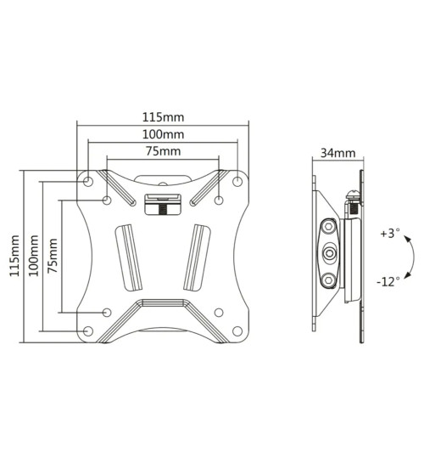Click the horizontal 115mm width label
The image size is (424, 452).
(x=162, y=117)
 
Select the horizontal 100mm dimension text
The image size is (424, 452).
(x=162, y=134)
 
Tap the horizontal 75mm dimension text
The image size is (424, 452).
(x=162, y=152)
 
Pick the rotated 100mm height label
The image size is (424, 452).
(x=33, y=255)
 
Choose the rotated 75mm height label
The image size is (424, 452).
(x=53, y=255)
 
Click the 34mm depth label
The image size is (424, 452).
(x=338, y=154)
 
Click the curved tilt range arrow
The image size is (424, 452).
(x=410, y=257)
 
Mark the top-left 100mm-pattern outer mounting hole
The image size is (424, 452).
(x=88, y=180)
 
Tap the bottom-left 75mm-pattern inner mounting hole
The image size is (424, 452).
(x=107, y=311)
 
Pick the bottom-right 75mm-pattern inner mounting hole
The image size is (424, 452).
(x=219, y=311)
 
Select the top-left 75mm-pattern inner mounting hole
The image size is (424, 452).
(x=107, y=201)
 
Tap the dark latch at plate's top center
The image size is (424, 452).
(x=162, y=205)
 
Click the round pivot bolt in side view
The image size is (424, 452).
(x=330, y=252)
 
